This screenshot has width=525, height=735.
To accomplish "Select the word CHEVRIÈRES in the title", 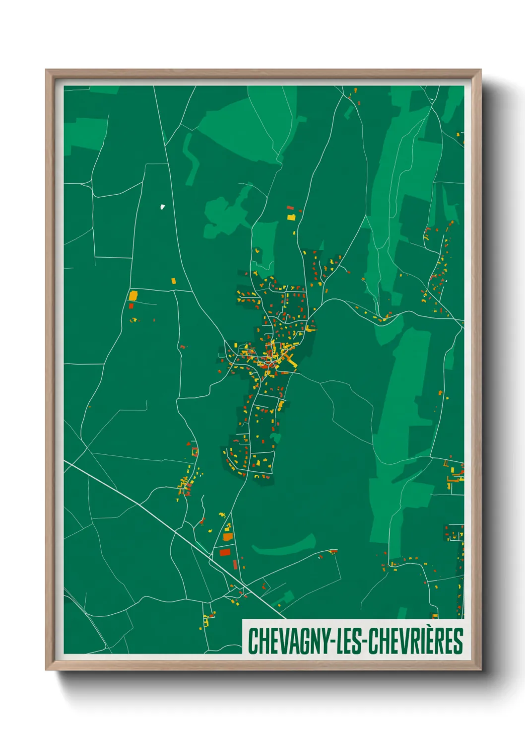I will coord(417,641).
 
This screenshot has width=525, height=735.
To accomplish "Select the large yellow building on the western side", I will coord(133,296).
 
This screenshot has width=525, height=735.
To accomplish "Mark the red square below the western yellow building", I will coord(131,306).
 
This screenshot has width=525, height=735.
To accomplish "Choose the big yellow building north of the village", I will coord(292,217).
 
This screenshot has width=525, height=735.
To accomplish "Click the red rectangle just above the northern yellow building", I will coord(290,209).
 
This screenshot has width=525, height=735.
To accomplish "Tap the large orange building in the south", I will coord(228,537).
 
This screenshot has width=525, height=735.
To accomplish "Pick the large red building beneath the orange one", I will coord(225,552).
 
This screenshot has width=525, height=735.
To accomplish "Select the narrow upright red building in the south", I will coord(235,565).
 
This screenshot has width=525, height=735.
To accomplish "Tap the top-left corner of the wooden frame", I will coord(46,70).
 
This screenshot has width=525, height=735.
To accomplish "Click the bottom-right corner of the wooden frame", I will coord(480,669).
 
